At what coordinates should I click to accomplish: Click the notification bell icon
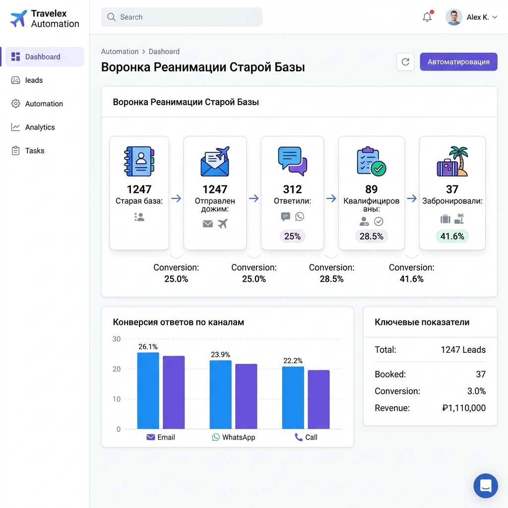pyautogui.click(x=427, y=17)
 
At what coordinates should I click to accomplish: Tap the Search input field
pyautogui.click(x=182, y=17)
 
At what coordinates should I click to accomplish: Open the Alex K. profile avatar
pyautogui.click(x=453, y=17)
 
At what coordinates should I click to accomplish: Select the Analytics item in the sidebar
pyautogui.click(x=40, y=127)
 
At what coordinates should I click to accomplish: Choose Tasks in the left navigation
pyautogui.click(x=35, y=151)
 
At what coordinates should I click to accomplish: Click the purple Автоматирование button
pyautogui.click(x=458, y=62)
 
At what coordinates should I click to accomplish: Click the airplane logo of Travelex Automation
pyautogui.click(x=18, y=19)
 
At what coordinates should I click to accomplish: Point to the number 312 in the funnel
pyautogui.click(x=292, y=190)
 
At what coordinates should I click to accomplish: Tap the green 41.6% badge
pyautogui.click(x=452, y=236)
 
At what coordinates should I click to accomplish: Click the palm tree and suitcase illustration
pyautogui.click(x=452, y=161)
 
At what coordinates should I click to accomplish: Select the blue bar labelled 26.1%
pyautogui.click(x=148, y=390)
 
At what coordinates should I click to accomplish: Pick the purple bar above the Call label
pyautogui.click(x=318, y=399)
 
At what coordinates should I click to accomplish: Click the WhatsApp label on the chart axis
pyautogui.click(x=238, y=438)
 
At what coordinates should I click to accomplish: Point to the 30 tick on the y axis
pyautogui.click(x=117, y=339)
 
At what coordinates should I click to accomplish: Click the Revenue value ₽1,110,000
pyautogui.click(x=463, y=408)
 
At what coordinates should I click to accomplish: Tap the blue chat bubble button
pyautogui.click(x=485, y=486)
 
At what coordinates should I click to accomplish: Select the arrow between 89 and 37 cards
pyautogui.click(x=412, y=198)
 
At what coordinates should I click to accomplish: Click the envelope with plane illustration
pyautogui.click(x=215, y=161)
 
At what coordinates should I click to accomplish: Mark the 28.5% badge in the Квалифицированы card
pyautogui.click(x=371, y=236)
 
